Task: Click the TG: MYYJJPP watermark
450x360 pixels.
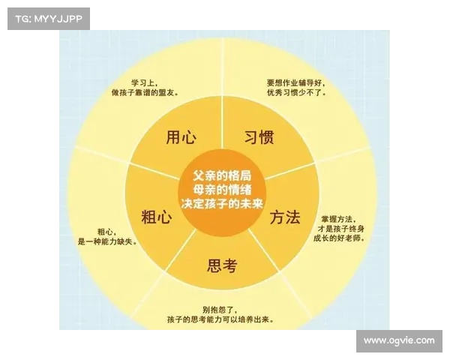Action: pyautogui.click(x=47, y=17)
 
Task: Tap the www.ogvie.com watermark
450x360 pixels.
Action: pyautogui.click(x=398, y=340)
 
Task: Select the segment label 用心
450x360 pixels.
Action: pyautogui.click(x=181, y=137)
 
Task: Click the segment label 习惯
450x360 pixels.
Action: pyautogui.click(x=259, y=137)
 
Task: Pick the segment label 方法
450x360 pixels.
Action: pyautogui.click(x=286, y=217)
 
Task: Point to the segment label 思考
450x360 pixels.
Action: pyautogui.click(x=222, y=264)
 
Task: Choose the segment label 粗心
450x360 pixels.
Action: pyautogui.click(x=157, y=217)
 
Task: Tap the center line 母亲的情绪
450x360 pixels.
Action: pyautogui.click(x=222, y=187)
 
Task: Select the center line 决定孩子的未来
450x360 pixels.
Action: pyautogui.click(x=222, y=202)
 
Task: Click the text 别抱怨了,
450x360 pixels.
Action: pyautogui.click(x=220, y=310)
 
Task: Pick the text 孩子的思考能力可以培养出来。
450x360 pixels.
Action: pyautogui.click(x=220, y=320)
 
